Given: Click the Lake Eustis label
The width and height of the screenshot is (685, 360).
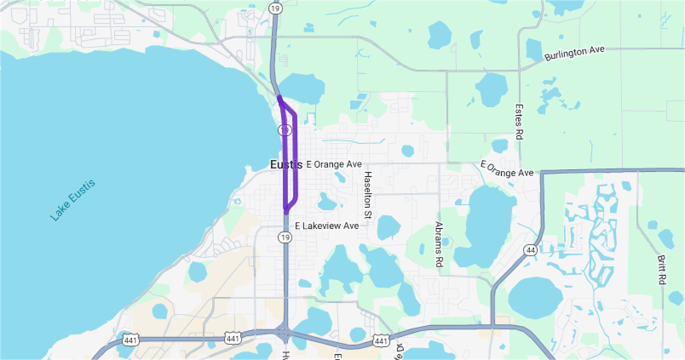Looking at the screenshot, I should pos(72,200).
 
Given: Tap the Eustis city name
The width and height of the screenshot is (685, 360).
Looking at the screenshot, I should pos(286,164).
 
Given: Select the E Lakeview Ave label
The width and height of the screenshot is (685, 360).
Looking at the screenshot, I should pos(327,226).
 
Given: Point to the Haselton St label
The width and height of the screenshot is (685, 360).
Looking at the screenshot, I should pos(368,194).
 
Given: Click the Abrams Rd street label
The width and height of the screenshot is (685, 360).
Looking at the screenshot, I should pos(438,244).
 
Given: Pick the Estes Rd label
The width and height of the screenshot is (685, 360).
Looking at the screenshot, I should pos(519,122).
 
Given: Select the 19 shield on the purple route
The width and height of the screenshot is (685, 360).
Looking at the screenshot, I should pos(285,131).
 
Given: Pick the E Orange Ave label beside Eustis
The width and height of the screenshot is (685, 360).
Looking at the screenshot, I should pos(334,164).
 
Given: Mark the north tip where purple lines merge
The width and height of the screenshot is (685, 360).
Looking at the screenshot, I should pos(279,97).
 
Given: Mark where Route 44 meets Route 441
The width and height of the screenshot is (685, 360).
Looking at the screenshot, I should pos(492,326).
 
